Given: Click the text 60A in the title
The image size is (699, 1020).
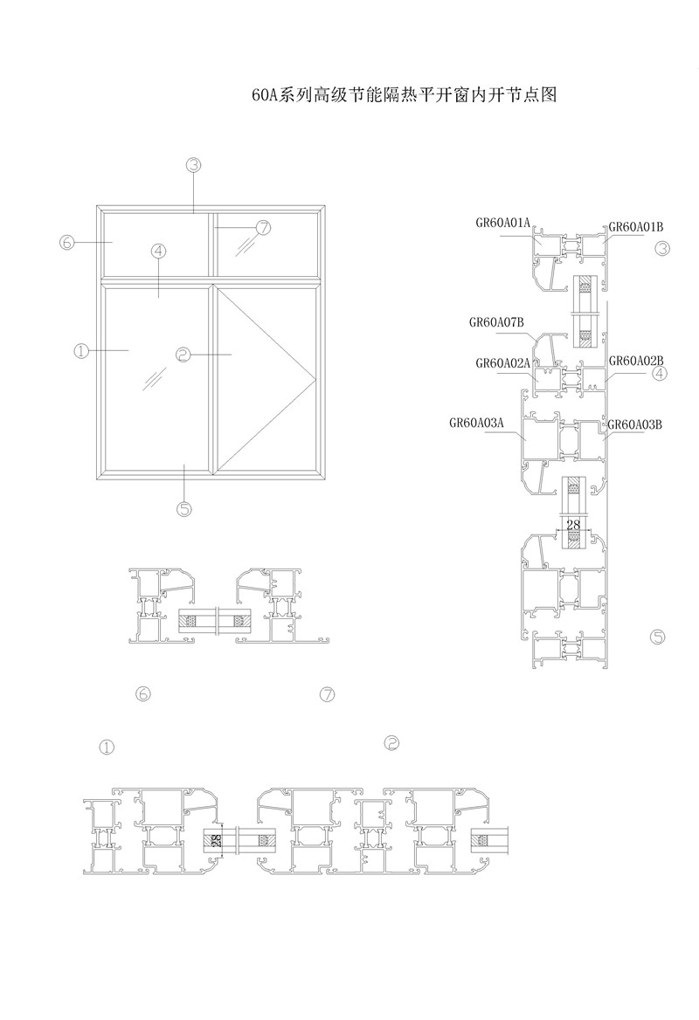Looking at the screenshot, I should [x=265, y=95].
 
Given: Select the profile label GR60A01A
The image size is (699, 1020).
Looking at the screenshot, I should [x=503, y=223].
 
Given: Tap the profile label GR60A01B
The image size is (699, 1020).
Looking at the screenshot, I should [x=636, y=226].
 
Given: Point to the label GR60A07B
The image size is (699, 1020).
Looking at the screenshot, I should [x=495, y=321].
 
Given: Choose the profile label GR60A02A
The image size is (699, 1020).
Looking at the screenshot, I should [x=503, y=362].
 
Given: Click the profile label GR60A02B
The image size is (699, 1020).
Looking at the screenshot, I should [x=636, y=360].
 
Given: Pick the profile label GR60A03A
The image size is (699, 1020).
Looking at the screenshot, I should [x=477, y=422].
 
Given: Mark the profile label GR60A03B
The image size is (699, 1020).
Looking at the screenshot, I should [x=635, y=424].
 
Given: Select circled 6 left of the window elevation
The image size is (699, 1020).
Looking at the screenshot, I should [x=67, y=242].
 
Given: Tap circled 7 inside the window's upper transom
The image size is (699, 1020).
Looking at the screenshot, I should [x=263, y=228].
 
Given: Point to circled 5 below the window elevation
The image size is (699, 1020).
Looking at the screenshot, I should [x=184, y=508].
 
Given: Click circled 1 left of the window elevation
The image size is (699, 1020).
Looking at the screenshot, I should [x=82, y=350].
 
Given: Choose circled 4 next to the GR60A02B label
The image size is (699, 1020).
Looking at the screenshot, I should [x=660, y=374].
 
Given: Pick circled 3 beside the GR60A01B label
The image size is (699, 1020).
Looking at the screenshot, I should [x=661, y=249].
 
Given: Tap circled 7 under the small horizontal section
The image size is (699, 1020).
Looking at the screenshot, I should [x=328, y=695].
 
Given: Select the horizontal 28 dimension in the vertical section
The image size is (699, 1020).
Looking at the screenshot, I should [x=573, y=526].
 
